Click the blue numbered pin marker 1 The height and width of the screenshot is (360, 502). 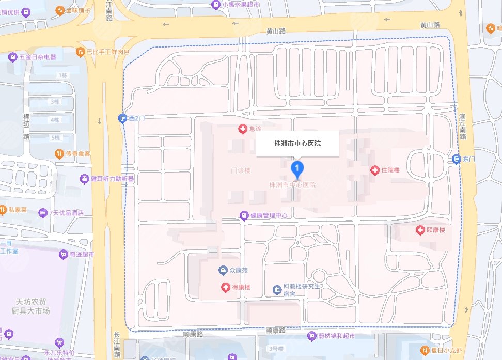click(297, 168)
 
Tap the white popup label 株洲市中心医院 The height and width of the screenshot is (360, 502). click(297, 143)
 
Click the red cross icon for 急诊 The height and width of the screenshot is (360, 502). click(242, 129)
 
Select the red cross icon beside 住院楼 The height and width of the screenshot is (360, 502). click(375, 170)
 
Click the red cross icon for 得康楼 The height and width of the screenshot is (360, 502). click(225, 287)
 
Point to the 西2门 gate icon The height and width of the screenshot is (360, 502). click(122, 118)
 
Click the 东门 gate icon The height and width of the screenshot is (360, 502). click(456, 159)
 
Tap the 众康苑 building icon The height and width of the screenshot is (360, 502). click(223, 270)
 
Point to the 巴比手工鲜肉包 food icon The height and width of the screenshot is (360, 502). click(80, 52)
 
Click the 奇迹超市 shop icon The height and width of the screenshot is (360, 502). click(64, 254)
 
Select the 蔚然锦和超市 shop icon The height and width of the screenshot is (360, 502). click(311, 336)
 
